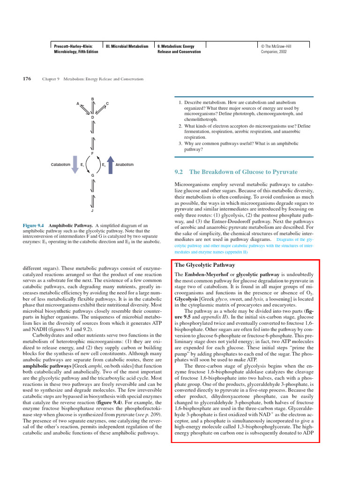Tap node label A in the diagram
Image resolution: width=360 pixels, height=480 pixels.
(78, 103)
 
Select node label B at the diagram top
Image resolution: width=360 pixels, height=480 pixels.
(92, 98)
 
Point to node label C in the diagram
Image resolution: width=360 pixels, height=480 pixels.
(107, 103)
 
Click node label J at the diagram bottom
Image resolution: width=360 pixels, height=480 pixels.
(92, 210)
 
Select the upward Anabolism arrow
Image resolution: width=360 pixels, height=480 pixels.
(110, 165)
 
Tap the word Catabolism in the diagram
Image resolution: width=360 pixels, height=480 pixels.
(60, 165)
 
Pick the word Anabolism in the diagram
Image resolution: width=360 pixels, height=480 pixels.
(124, 165)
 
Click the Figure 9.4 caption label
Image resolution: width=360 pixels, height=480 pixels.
(33, 225)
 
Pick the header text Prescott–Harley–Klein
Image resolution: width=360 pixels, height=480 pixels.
(73, 46)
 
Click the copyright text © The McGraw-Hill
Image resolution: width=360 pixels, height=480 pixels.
(280, 46)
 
